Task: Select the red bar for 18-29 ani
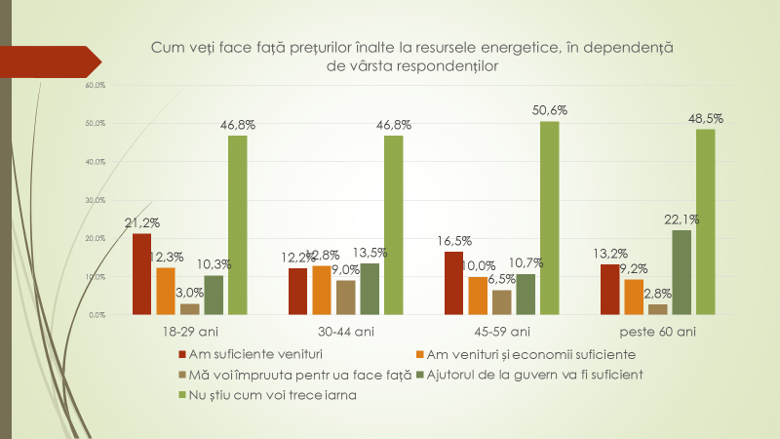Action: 142,274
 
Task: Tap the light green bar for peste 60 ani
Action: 706,222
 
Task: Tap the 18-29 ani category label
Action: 190,332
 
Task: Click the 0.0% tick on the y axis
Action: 96,315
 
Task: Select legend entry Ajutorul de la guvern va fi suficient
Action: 510,374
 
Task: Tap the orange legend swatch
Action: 420,353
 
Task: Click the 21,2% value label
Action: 142,222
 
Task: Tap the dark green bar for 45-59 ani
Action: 525,295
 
